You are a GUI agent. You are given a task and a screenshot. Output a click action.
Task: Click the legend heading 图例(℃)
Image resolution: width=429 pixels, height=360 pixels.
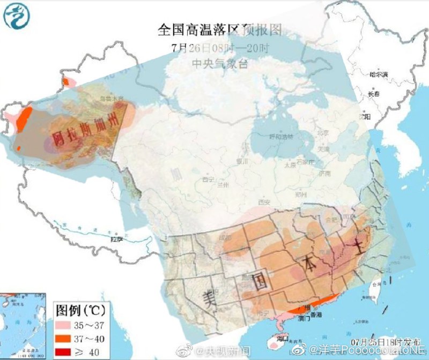(x=80, y=310)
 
